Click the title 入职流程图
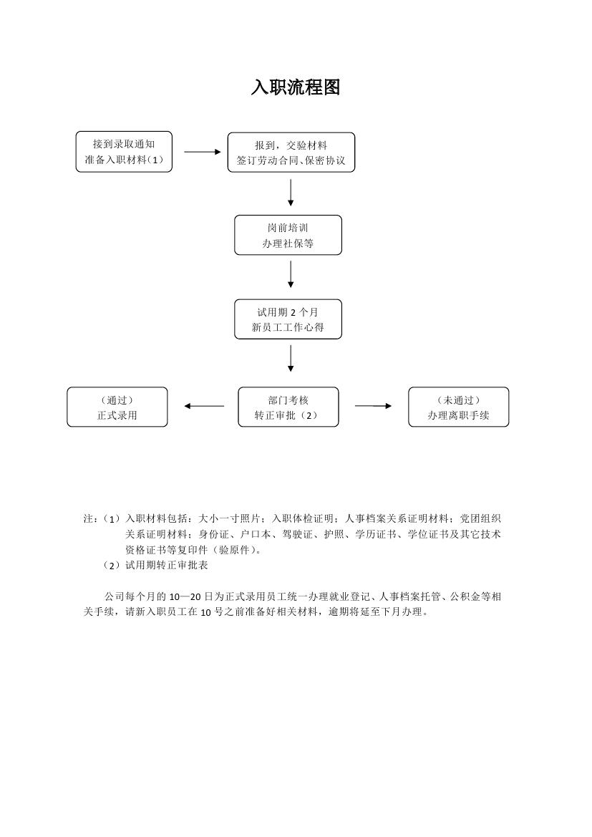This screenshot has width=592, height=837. [x=295, y=87]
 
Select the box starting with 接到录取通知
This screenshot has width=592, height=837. [x=124, y=152]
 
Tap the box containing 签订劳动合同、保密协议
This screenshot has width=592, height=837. [x=291, y=152]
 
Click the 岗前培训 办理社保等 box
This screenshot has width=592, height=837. [x=288, y=235]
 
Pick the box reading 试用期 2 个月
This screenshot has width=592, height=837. [x=288, y=319]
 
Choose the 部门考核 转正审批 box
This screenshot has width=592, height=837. [x=288, y=407]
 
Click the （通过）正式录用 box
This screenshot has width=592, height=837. [x=117, y=407]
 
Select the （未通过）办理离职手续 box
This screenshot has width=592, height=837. [x=458, y=407]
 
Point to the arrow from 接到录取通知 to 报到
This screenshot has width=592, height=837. [x=203, y=152]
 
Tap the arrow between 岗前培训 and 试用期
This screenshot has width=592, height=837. [x=291, y=274]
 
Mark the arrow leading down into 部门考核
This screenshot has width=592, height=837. [x=291, y=358]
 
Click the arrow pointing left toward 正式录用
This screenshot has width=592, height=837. [x=204, y=406]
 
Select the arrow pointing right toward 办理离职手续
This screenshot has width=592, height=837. [x=373, y=406]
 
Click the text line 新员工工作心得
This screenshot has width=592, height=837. [x=288, y=327]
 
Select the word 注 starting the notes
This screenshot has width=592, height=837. [x=88, y=518]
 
